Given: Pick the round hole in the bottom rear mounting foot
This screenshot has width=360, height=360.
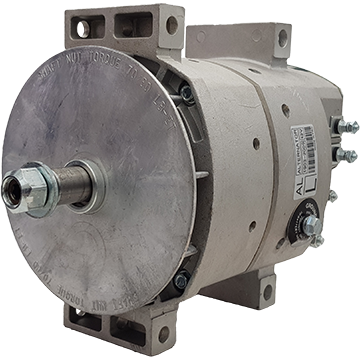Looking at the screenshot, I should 267,293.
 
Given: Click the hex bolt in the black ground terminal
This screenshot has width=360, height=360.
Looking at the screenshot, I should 311,226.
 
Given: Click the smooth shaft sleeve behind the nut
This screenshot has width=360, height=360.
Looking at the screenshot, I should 78,185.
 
